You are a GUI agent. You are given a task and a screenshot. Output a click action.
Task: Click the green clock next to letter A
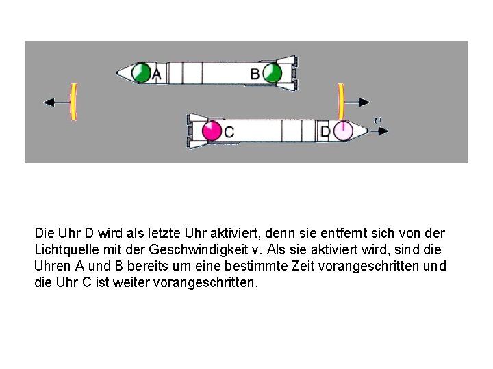click(x=141, y=73)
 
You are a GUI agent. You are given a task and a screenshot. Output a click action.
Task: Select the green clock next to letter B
click(x=273, y=73)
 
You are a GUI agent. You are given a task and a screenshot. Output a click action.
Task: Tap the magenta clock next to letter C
click(x=212, y=131)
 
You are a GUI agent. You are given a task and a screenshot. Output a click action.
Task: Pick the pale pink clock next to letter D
click(x=343, y=131)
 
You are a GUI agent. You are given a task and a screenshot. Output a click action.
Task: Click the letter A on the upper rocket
click(x=157, y=74)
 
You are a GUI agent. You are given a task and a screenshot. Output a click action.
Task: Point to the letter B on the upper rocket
click(x=255, y=74)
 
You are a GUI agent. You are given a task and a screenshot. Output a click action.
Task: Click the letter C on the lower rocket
click(x=229, y=132)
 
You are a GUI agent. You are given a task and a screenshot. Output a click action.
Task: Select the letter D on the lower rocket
click(x=325, y=132)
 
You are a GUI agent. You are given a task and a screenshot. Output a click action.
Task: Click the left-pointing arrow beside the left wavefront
click(x=58, y=102)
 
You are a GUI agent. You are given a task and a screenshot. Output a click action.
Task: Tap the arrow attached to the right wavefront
click(x=357, y=102)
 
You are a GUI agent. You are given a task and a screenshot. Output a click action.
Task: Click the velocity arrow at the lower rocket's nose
click(x=379, y=131)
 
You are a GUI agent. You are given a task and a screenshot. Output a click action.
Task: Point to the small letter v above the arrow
click(x=377, y=120)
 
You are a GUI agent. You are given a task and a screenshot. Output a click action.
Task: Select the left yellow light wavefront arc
click(x=73, y=102)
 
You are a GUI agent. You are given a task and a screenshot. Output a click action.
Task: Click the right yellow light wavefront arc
click(x=341, y=102)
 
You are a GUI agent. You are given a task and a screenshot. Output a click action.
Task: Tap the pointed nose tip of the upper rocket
click(x=117, y=73)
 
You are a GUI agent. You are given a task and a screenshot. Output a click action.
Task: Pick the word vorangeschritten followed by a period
click(x=205, y=283)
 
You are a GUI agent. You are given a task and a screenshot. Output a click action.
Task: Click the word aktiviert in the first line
click(x=235, y=234)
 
